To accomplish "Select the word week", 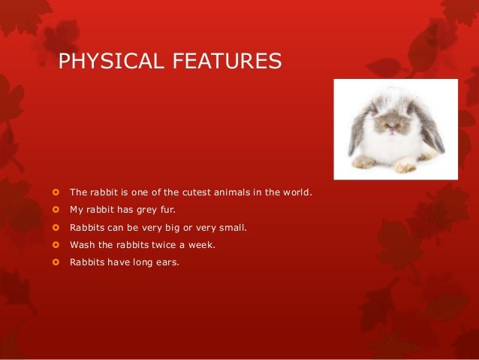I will point(202,245).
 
